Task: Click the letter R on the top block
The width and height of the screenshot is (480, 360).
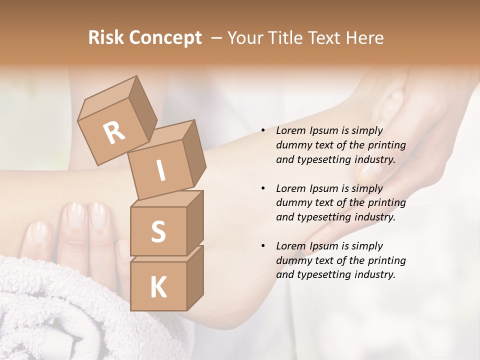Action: tap(114, 133)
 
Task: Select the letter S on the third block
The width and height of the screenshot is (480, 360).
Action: tap(158, 231)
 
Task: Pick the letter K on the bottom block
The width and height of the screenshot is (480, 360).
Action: tap(158, 287)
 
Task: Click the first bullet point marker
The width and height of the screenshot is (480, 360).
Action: tap(263, 131)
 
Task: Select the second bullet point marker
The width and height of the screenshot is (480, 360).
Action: tap(263, 189)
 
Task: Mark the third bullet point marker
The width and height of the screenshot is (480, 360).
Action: tap(263, 246)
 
